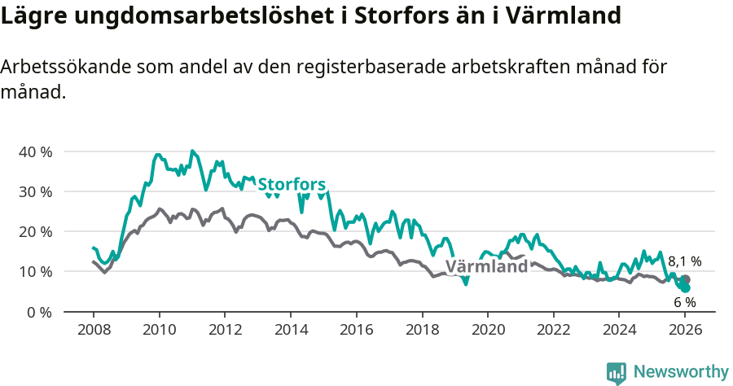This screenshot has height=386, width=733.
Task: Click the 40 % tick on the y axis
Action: tap(35, 151)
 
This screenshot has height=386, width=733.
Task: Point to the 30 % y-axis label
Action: tap(35, 191)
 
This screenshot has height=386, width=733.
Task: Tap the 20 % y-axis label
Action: tap(35, 231)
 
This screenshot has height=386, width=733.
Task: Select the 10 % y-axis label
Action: tap(35, 271)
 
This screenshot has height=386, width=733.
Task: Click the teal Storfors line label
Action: tap(292, 184)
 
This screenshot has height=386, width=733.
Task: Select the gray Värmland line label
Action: tap(486, 267)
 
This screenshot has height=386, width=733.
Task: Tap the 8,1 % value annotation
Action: tap(684, 261)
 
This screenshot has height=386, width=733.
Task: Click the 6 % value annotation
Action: tap(684, 302)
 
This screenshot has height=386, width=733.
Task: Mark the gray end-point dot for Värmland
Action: tap(685, 279)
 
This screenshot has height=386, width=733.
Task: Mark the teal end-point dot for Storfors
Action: tap(685, 287)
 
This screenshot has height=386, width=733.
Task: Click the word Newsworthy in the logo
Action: tap(680, 372)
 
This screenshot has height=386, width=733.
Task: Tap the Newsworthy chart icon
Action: tap(617, 373)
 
